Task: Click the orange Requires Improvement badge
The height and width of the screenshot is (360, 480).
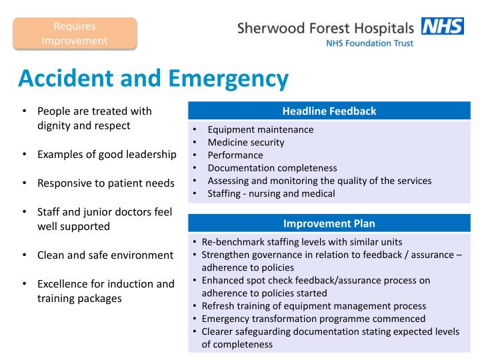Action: (x=75, y=33)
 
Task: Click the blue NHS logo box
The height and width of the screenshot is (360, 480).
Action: (x=442, y=27)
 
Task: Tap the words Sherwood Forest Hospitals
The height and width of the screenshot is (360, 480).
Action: (x=325, y=29)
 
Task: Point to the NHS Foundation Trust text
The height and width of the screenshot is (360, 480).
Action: (x=369, y=43)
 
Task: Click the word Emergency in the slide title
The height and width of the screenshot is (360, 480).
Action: (x=228, y=78)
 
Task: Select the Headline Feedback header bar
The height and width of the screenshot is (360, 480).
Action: (x=329, y=111)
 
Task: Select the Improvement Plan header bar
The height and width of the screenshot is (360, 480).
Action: (x=329, y=223)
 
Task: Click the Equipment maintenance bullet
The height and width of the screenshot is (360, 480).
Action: (x=260, y=129)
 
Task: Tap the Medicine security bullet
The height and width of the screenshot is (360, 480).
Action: (x=245, y=142)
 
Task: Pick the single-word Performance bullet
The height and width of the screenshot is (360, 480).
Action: (x=235, y=155)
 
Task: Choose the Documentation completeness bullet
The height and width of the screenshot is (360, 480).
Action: (x=272, y=168)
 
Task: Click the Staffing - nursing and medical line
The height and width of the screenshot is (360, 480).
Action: (x=271, y=193)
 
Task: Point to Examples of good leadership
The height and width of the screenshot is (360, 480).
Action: (x=107, y=154)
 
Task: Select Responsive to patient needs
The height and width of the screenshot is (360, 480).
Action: (x=105, y=183)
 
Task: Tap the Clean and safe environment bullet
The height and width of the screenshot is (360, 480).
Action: (x=105, y=255)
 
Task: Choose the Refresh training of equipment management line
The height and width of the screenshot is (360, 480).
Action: (x=313, y=306)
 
